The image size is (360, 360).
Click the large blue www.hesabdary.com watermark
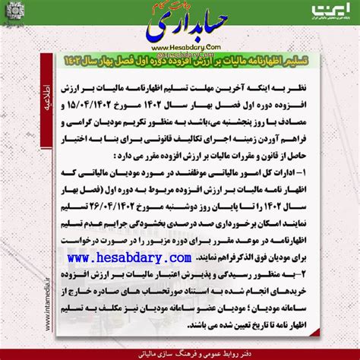coord(179,263)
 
